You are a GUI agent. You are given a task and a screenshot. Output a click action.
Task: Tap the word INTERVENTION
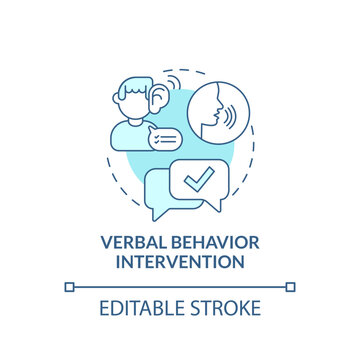[179, 264]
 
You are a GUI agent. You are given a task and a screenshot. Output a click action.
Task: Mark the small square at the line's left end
[69, 287]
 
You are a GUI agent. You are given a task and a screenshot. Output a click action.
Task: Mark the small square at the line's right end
[290, 287]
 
